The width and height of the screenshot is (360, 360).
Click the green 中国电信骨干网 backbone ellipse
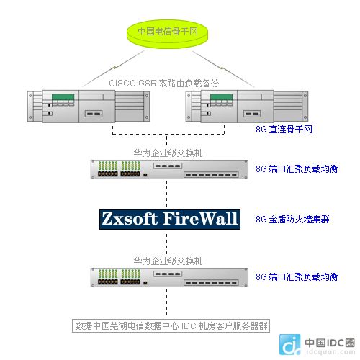(167, 33)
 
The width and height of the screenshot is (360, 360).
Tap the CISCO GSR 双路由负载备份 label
(163, 84)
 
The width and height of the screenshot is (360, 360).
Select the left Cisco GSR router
(89, 107)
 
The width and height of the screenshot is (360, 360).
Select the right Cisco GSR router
(247, 107)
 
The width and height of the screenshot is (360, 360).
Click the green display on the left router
(63, 97)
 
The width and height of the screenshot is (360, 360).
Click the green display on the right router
(222, 97)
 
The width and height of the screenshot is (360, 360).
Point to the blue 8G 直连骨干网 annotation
(284, 129)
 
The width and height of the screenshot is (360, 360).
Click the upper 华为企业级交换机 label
(168, 153)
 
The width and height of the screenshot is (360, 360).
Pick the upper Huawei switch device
(169, 169)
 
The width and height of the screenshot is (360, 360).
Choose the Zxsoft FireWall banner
(170, 219)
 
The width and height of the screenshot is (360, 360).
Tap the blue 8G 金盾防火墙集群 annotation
(292, 220)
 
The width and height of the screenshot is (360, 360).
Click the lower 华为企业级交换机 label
(168, 261)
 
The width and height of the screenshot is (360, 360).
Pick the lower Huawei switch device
(169, 277)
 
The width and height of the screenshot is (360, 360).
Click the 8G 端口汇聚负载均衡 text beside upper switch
(297, 169)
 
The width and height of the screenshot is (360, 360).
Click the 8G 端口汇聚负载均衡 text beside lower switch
(297, 277)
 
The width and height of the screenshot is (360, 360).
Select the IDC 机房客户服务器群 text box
(171, 325)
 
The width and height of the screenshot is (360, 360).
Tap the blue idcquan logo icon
(290, 345)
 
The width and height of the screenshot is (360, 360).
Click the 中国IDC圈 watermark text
(330, 343)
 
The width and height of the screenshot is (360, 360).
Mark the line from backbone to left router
(113, 68)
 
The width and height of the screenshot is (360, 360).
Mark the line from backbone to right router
(223, 69)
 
